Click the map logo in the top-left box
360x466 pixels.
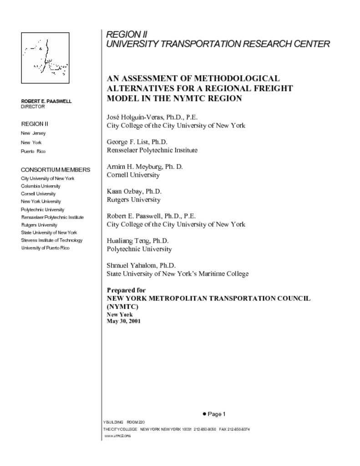tap(45, 58)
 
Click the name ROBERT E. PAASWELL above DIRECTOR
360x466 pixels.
tap(46, 101)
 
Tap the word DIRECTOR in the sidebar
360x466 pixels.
tap(33, 106)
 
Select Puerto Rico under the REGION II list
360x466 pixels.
tap(33, 151)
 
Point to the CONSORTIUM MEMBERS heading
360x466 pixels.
tap(56, 170)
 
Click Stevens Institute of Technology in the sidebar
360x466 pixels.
tap(52, 240)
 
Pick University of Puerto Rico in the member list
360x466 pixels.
tap(45, 248)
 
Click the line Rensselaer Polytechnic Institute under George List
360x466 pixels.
tap(152, 150)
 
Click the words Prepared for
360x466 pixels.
tap(126, 290)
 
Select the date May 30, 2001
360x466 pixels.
tap(123, 321)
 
